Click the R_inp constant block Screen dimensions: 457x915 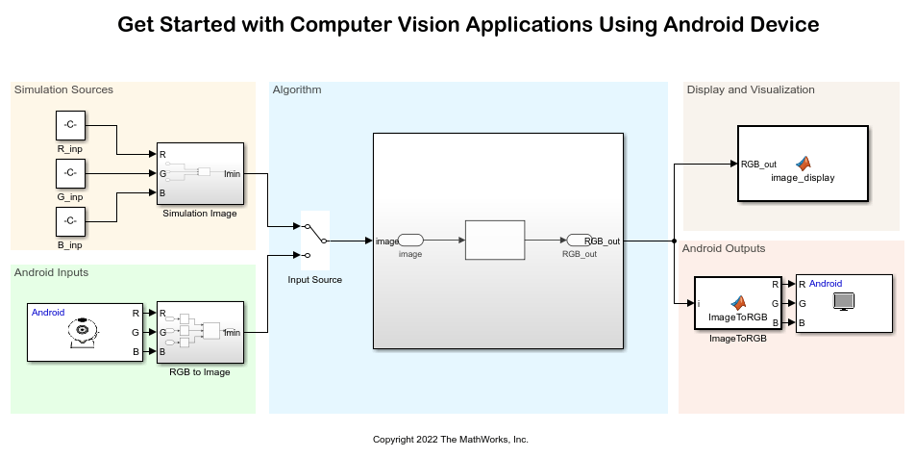[70, 125]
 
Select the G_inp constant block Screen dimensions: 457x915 [70, 173]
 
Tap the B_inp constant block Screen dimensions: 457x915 [70, 221]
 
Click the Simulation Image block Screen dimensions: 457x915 [200, 174]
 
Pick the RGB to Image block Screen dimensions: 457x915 [200, 333]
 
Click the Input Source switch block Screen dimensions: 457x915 [314, 240]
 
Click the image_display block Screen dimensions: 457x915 [803, 164]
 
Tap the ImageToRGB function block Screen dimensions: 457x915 [737, 302]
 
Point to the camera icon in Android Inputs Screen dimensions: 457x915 [82, 333]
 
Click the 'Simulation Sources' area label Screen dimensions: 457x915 [63, 90]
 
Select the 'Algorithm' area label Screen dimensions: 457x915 [297, 90]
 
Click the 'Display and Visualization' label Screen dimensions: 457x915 [751, 90]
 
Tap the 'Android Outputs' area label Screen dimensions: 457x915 [724, 248]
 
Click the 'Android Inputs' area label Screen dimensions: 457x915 [51, 272]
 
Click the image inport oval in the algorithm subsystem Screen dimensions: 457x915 [410, 241]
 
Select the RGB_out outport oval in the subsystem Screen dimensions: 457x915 [578, 241]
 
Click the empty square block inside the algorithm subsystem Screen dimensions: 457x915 [495, 241]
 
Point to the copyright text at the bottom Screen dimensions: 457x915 [451, 440]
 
